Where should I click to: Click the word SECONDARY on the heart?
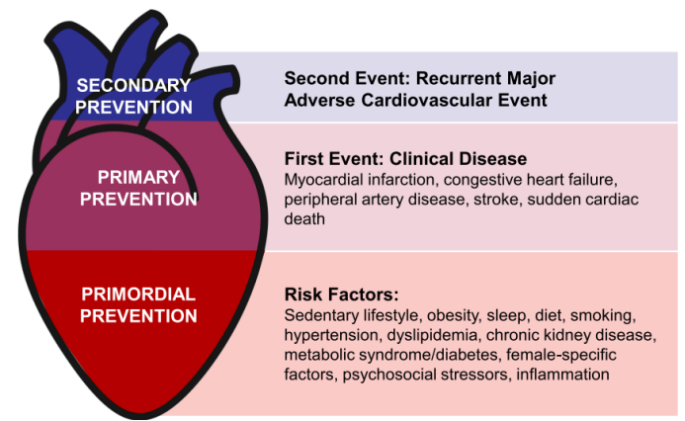(133, 86)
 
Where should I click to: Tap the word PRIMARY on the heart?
(138, 177)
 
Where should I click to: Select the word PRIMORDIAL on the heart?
(138, 295)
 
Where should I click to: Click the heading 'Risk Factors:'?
(341, 295)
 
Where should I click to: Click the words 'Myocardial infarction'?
(359, 180)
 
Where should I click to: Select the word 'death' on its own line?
(304, 218)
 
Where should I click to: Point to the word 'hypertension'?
(332, 335)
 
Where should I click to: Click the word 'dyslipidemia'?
(432, 335)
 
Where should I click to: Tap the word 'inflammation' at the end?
(562, 375)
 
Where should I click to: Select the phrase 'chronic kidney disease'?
(571, 335)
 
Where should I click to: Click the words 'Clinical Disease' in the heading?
(458, 159)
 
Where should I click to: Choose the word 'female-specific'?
(561, 355)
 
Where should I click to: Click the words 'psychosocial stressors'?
(426, 375)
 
